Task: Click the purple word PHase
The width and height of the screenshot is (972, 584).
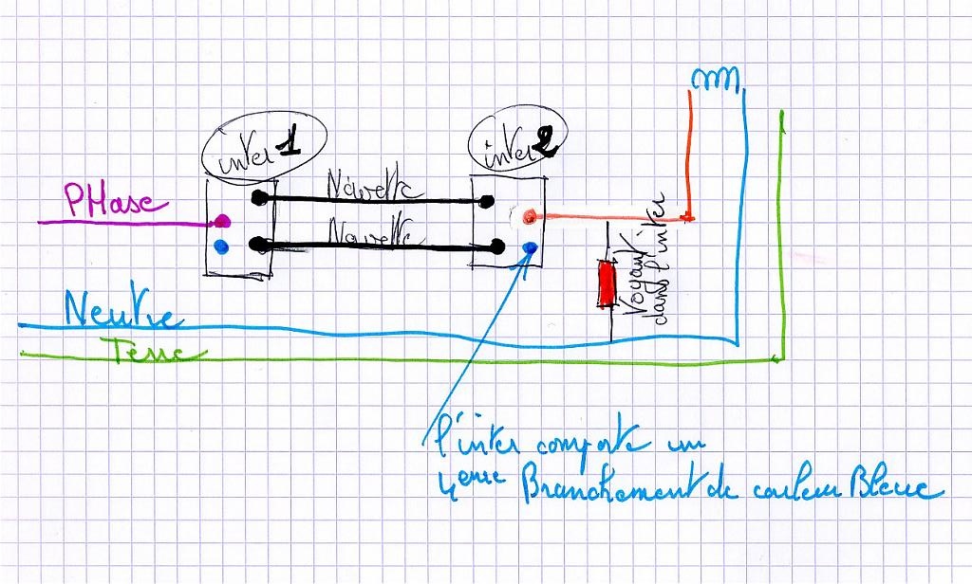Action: coord(115,200)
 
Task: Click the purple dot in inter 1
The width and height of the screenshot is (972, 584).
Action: coord(221,222)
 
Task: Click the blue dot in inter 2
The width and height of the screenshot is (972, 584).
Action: coord(530,247)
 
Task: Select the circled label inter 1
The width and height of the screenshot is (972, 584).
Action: coord(265,148)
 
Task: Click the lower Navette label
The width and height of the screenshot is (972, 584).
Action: coord(370,230)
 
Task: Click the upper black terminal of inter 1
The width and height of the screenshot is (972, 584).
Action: coord(258,198)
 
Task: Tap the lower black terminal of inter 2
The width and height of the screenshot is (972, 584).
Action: coord(498,248)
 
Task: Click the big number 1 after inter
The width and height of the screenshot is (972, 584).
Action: coord(288,142)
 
